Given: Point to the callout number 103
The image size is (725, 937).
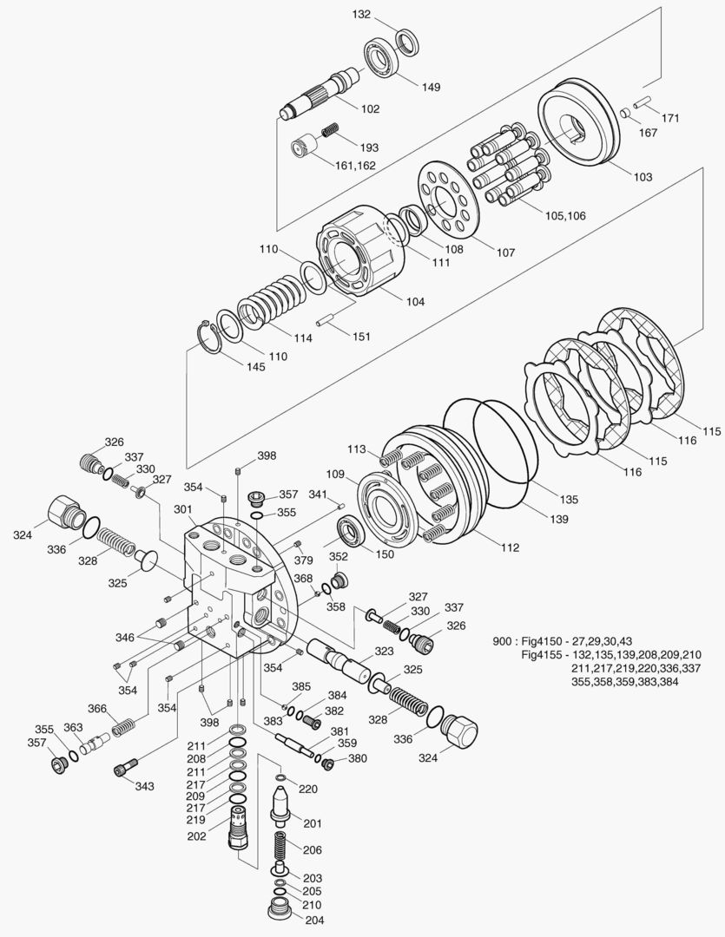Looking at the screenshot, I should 642,177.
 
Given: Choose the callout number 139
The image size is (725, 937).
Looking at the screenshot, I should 558,520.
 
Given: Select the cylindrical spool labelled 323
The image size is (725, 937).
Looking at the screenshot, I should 343,659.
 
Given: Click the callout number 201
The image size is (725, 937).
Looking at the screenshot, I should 313,824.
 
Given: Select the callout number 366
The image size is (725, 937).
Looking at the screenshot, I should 96,708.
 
